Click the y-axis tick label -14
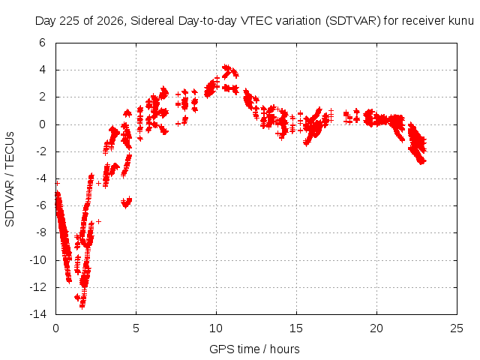[37, 314]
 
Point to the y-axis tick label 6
[42, 43]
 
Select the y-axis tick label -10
[37, 260]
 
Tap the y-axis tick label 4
[42, 70]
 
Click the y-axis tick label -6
[40, 205]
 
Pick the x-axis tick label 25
[457, 328]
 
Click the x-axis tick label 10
[216, 328]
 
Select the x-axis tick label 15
[296, 328]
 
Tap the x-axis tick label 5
[136, 328]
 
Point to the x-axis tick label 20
[376, 328]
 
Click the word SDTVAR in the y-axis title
[10, 203]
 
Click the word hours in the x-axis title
[285, 349]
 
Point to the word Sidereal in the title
[152, 21]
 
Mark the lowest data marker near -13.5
[82, 305]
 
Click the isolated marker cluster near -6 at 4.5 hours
[127, 202]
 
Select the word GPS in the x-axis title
[219, 349]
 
